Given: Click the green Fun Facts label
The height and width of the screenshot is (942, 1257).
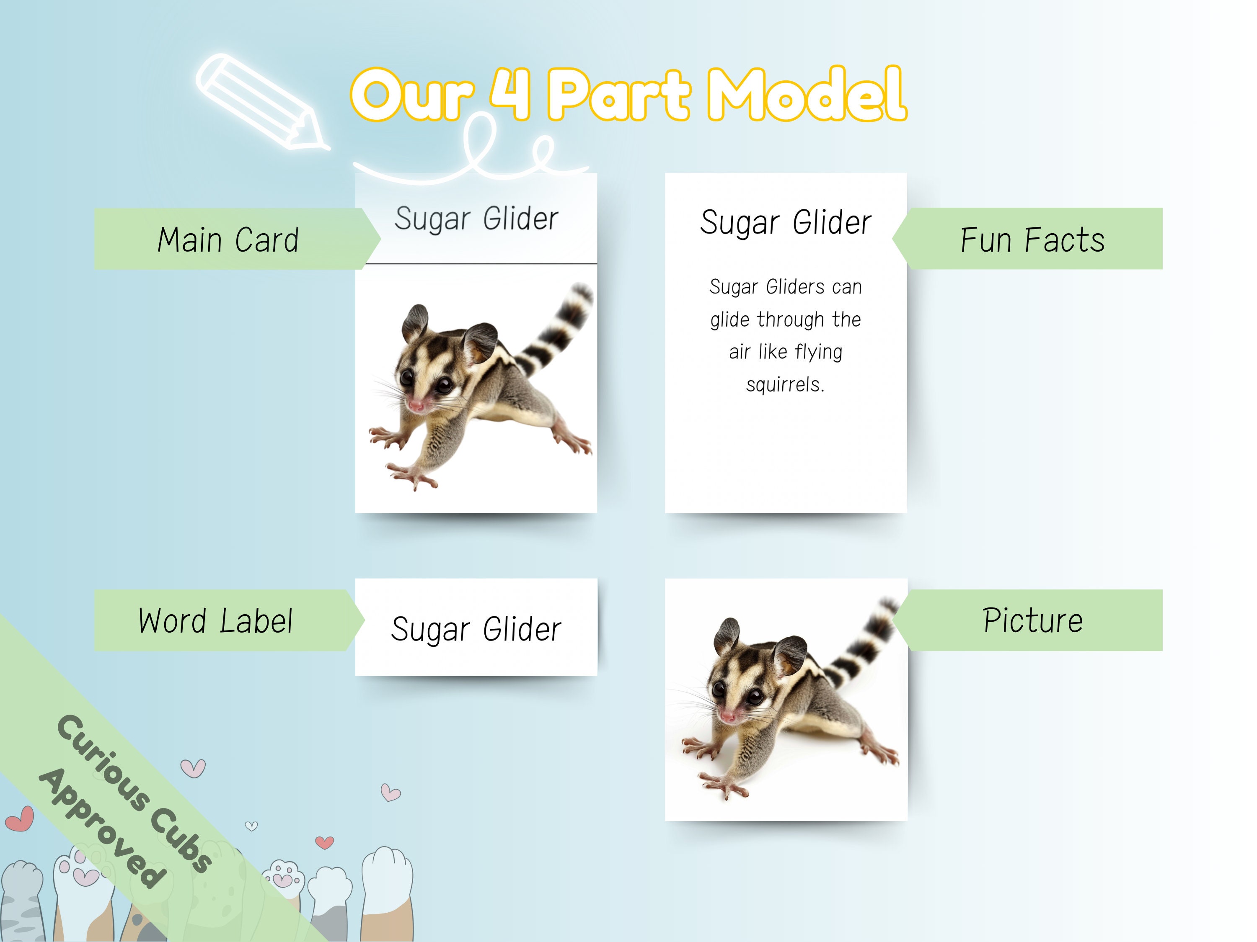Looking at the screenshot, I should coord(1032,239).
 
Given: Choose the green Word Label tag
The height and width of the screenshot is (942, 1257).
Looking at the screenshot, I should coord(216,620).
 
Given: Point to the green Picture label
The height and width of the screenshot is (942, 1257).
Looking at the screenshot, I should coord(1032,620).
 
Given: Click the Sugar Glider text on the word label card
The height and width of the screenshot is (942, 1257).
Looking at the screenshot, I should coord(476,629).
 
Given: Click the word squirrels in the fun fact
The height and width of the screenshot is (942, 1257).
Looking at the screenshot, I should coord(785,385).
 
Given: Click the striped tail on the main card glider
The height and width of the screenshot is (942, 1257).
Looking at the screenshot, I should coord(560,329).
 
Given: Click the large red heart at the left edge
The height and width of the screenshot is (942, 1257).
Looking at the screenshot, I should coord(20,819).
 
